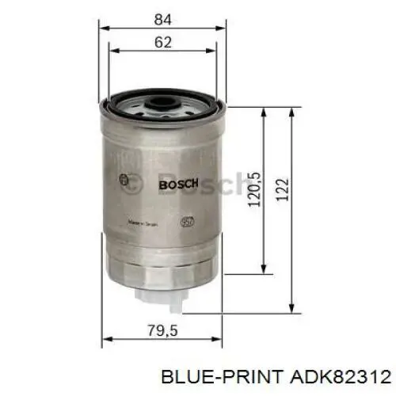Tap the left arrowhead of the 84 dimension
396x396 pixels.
tap(104, 28)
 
